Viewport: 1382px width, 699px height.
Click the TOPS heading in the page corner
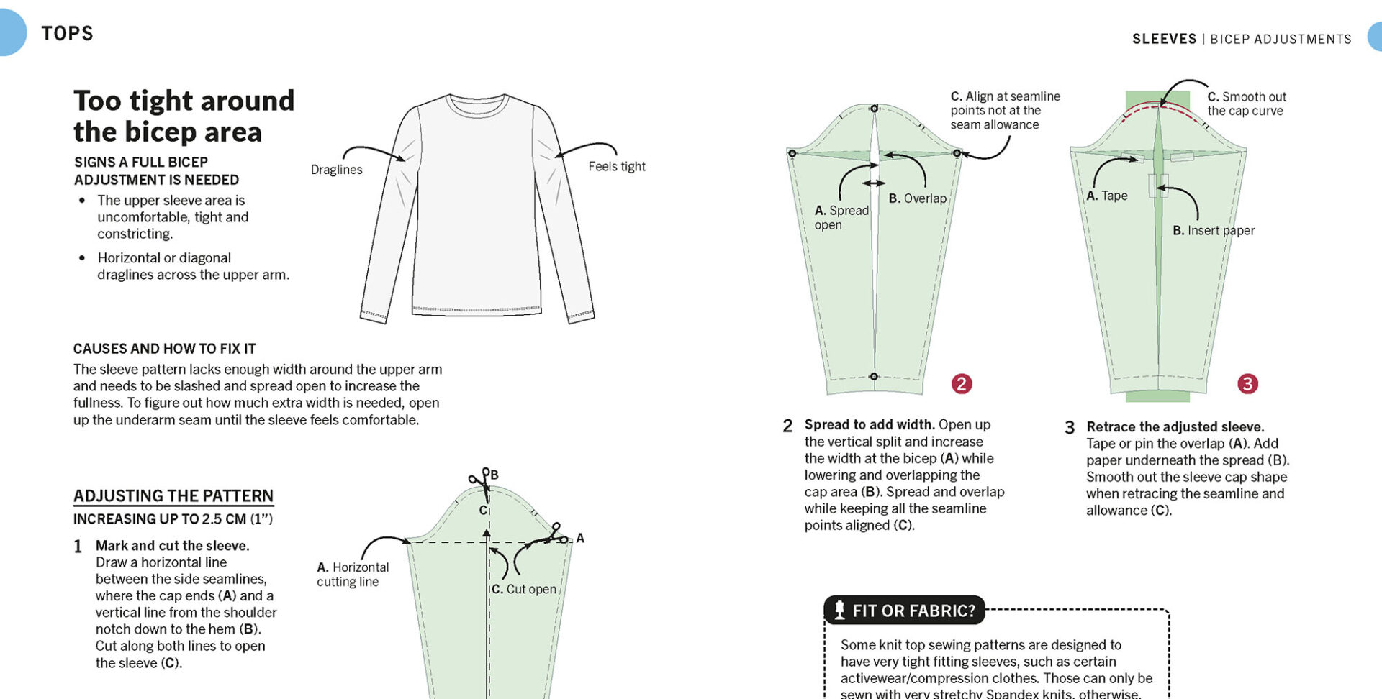click(67, 34)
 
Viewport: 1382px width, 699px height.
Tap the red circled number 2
click(962, 384)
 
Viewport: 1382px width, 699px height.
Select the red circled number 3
click(1247, 384)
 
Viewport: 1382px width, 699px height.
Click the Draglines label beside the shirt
click(336, 170)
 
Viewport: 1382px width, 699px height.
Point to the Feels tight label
click(616, 167)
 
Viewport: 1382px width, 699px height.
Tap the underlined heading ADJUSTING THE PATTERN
click(173, 496)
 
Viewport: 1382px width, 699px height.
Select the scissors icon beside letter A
click(556, 534)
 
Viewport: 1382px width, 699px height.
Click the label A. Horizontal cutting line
click(352, 575)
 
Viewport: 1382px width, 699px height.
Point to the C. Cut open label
click(524, 589)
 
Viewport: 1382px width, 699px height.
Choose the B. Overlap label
click(917, 198)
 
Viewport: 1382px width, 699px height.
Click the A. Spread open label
click(841, 217)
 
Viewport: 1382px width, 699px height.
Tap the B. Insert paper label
click(1213, 231)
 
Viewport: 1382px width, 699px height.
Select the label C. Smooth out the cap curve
click(1246, 104)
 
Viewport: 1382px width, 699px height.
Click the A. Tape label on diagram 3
click(1106, 196)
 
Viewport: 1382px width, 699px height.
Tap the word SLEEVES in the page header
click(1164, 39)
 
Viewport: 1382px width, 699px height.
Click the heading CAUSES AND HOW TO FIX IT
click(164, 349)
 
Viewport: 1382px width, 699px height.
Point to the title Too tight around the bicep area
click(184, 116)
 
